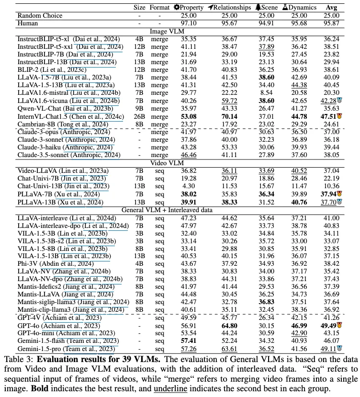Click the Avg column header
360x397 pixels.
331,8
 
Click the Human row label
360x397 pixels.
28,23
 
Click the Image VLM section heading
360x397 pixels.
180,31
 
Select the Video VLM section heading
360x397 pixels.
180,162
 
